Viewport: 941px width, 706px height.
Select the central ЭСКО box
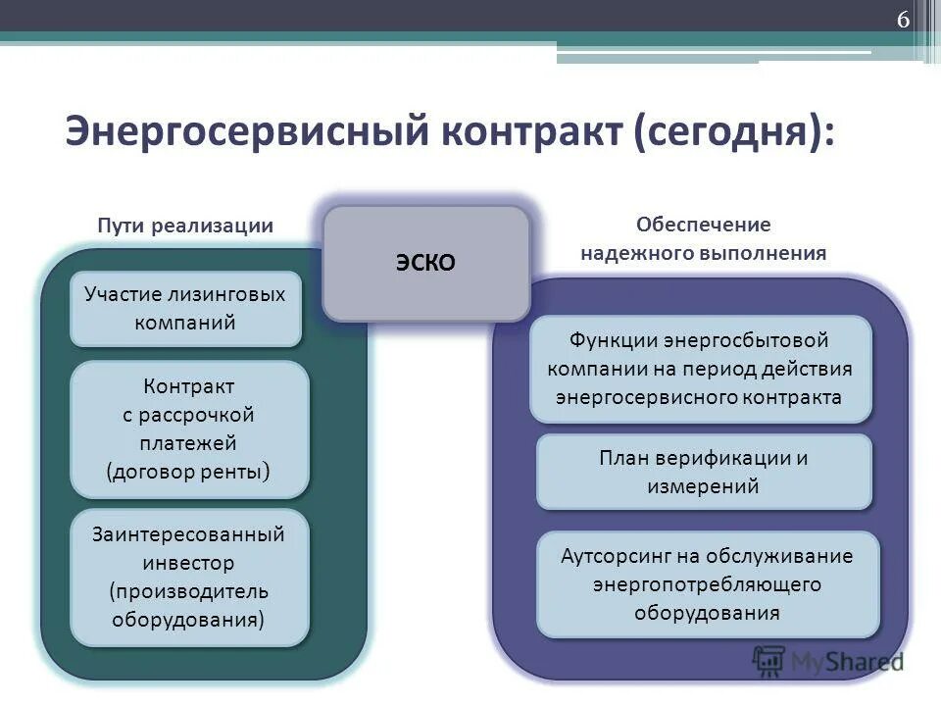[426, 263]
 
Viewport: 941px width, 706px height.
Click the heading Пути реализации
[184, 225]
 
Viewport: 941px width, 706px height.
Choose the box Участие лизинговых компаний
[184, 309]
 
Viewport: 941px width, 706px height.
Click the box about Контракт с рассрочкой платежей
[188, 429]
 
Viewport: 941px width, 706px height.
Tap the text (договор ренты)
[188, 472]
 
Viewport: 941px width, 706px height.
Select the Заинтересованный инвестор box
[188, 577]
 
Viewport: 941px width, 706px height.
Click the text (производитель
[188, 591]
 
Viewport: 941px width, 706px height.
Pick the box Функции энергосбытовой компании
[700, 370]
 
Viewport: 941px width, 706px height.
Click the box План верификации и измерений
[703, 472]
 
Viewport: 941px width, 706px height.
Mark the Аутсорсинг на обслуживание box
[707, 584]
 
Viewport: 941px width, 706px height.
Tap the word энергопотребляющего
[707, 584]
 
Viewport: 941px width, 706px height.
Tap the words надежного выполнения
[703, 253]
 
